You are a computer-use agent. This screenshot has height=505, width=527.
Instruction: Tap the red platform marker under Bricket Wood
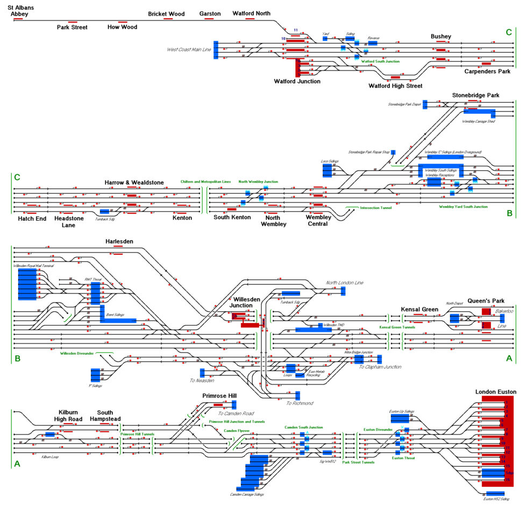coord(168,19)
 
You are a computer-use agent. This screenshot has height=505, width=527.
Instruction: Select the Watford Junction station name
coord(297,81)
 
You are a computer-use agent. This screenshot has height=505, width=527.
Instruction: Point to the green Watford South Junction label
coord(380,61)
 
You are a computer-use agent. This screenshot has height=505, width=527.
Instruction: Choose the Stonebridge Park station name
coord(475,95)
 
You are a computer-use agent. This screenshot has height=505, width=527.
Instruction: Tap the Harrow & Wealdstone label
coord(134,183)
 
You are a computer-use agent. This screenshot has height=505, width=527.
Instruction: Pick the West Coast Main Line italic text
coord(189,50)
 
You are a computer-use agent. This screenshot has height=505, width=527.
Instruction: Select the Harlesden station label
coord(119,241)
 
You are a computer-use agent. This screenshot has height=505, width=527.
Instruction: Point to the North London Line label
coord(345,283)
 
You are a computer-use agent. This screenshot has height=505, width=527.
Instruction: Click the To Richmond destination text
coord(300,403)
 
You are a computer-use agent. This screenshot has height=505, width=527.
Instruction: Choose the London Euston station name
coord(496,391)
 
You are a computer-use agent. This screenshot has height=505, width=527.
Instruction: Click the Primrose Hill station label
coord(219,396)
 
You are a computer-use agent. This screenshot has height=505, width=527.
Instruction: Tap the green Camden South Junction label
coord(304,427)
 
